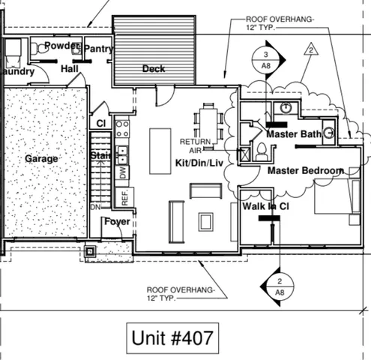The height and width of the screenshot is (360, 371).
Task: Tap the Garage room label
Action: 41,159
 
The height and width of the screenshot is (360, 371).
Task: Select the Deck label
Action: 154,69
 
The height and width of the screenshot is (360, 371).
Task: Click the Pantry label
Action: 98,49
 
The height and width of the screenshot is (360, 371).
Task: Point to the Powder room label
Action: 62,46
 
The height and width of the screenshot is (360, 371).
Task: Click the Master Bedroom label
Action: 305,170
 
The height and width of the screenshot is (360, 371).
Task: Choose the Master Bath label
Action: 293,134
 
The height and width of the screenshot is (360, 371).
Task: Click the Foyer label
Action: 117,222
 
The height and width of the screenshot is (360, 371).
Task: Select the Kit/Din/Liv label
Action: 199,163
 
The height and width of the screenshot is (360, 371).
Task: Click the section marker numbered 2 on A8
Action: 279,286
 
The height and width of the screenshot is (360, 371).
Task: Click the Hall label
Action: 70,69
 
